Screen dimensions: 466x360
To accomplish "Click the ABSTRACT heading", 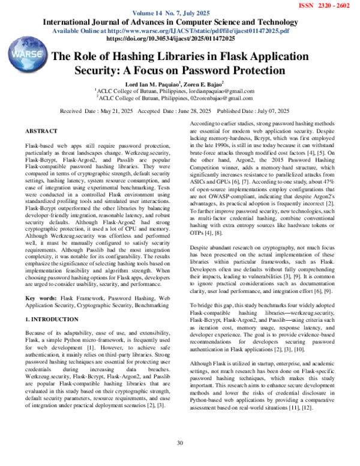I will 41,131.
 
